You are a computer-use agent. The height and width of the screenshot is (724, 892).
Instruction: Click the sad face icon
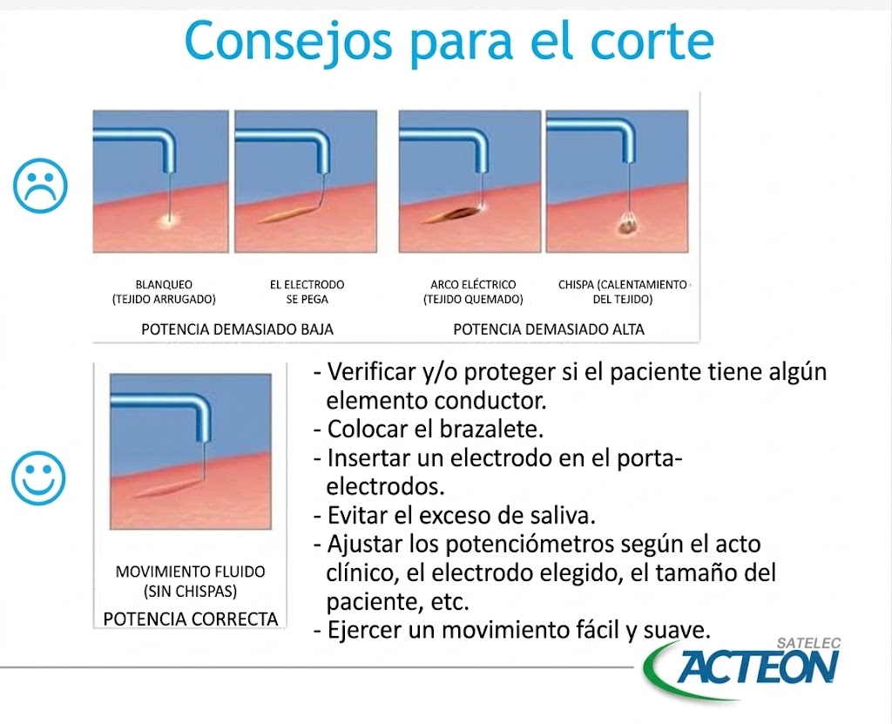[x=40, y=185]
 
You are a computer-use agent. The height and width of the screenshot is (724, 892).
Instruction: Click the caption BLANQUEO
[x=164, y=285]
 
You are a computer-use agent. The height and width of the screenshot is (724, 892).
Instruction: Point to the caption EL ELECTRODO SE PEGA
[x=307, y=292]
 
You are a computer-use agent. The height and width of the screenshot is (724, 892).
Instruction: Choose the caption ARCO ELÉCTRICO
[x=473, y=285]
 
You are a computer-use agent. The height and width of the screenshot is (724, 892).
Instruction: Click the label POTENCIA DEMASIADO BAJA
[x=237, y=329]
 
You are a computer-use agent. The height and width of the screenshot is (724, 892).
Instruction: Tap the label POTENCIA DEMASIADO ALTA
[x=549, y=329]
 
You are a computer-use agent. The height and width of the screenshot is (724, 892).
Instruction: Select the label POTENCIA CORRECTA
[x=191, y=619]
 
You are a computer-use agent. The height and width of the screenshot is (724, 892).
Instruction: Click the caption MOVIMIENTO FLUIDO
[x=191, y=572]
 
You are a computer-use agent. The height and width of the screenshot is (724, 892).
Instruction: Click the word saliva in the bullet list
[x=561, y=515]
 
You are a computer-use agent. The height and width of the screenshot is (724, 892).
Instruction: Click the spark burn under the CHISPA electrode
[x=625, y=226]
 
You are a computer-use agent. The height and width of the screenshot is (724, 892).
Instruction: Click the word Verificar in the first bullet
[x=366, y=372]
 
